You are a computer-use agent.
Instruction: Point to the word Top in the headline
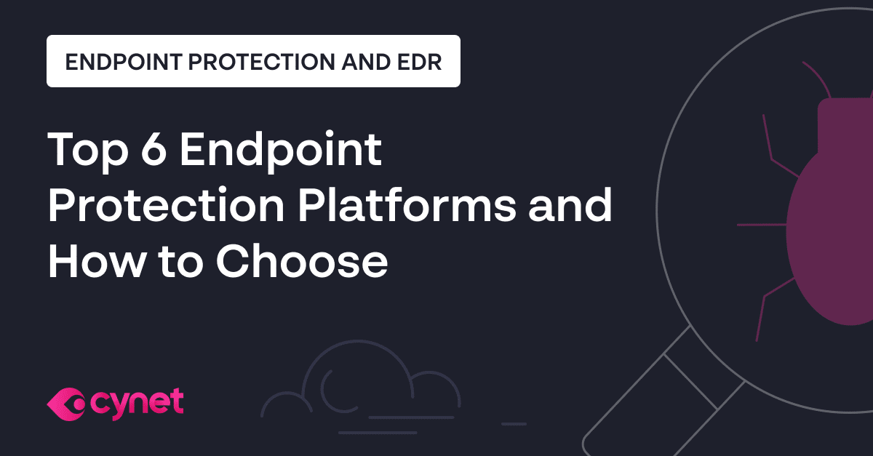click(81, 151)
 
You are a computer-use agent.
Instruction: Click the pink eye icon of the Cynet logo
click(66, 402)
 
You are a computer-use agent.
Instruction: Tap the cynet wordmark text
click(137, 401)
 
